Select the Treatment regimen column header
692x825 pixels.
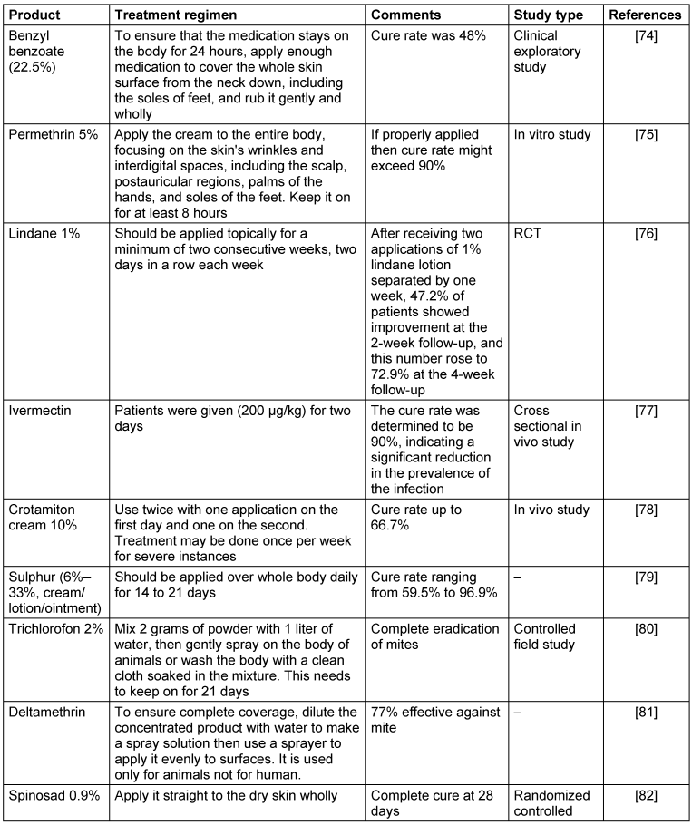coord(171,15)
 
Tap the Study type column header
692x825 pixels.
coord(548,15)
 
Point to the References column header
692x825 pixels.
coord(645,15)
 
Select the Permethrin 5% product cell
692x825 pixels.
coord(51,135)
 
